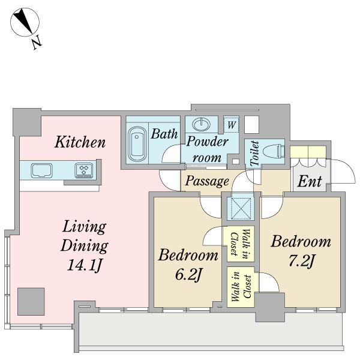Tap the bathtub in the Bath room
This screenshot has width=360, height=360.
[x=137, y=144]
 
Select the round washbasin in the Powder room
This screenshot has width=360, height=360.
[x=202, y=124]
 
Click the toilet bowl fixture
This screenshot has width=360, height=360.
[x=273, y=151]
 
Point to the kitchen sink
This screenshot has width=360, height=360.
[x=41, y=170]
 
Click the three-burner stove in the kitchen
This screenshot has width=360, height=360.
[x=84, y=170]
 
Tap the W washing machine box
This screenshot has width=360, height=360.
[x=231, y=125]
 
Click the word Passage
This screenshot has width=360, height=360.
[x=207, y=181]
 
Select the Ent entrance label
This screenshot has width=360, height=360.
[x=310, y=181]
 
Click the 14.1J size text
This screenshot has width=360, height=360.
[x=85, y=265]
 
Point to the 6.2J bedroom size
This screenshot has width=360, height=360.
[x=188, y=274]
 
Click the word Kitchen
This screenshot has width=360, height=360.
[x=80, y=142]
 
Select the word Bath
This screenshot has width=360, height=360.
[x=164, y=134]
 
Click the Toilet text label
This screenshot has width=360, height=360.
[x=255, y=154]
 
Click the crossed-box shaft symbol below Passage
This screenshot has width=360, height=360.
[x=241, y=209]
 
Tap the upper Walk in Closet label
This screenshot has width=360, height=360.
[x=240, y=244]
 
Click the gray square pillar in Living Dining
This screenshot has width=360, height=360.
[x=31, y=301]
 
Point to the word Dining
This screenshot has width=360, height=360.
[x=85, y=246]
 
